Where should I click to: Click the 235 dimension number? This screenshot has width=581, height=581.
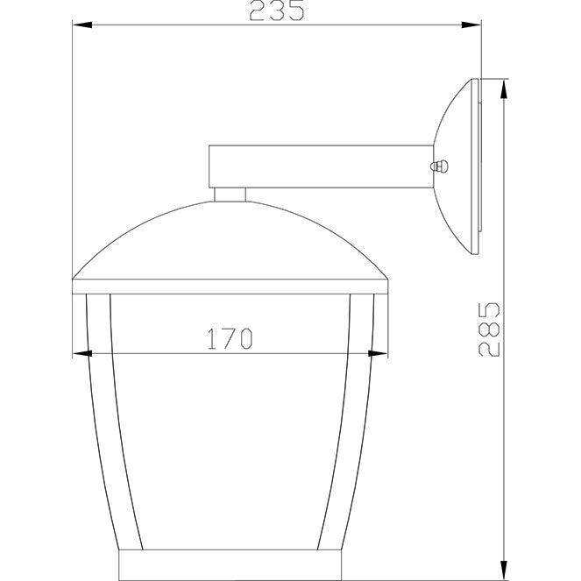pyautogui.click(x=277, y=11)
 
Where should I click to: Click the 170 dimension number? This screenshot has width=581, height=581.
pyautogui.click(x=230, y=338)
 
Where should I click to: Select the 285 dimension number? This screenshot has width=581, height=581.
pyautogui.click(x=489, y=329)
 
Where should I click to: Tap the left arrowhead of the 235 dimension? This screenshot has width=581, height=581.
pyautogui.click(x=82, y=25)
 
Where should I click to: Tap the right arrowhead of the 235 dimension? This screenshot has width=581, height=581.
pyautogui.click(x=471, y=25)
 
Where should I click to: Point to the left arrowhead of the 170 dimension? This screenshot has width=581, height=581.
pyautogui.click(x=82, y=354)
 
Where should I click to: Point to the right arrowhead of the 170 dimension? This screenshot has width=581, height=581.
pyautogui.click(x=378, y=354)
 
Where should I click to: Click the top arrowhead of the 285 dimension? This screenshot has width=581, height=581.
pyautogui.click(x=504, y=89)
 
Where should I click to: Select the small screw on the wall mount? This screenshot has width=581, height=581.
pyautogui.click(x=439, y=167)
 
